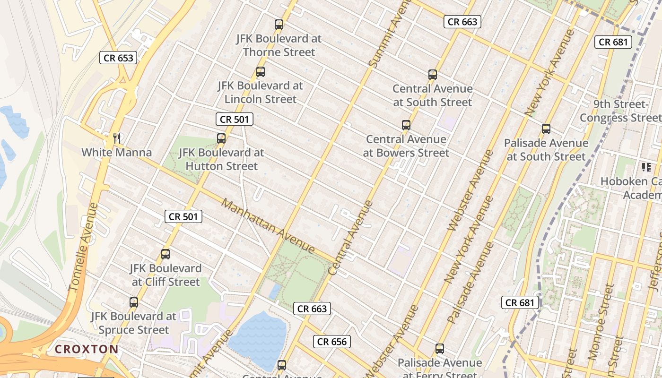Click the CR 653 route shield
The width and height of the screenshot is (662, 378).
tap(118, 58)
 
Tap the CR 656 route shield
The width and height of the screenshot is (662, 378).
tap(332, 342)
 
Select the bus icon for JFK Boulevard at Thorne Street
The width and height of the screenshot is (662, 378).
tap(279, 25)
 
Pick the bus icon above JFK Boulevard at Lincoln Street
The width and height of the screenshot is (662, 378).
tap(260, 72)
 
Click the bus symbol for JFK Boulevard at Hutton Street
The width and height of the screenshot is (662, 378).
tap(221, 138)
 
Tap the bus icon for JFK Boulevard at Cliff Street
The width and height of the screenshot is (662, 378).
tap(165, 254)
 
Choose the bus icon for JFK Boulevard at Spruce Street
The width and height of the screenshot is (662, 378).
tap(134, 302)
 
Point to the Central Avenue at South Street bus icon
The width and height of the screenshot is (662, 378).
tap(433, 75)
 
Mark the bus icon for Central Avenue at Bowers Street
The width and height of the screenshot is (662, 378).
tap(406, 125)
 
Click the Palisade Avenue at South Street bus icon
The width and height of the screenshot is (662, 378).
tap(546, 129)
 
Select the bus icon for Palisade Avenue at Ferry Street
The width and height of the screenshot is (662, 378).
tap(440, 349)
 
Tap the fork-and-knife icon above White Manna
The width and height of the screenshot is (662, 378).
tap(117, 138)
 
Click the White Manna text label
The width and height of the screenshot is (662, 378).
tap(117, 153)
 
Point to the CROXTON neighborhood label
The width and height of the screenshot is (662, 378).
tap(87, 349)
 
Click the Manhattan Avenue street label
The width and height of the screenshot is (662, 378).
tap(268, 226)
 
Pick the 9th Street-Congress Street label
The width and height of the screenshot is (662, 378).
tap(620, 111)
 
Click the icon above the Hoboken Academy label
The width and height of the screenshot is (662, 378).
tap(646, 167)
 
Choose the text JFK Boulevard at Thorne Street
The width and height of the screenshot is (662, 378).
tap(279, 45)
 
